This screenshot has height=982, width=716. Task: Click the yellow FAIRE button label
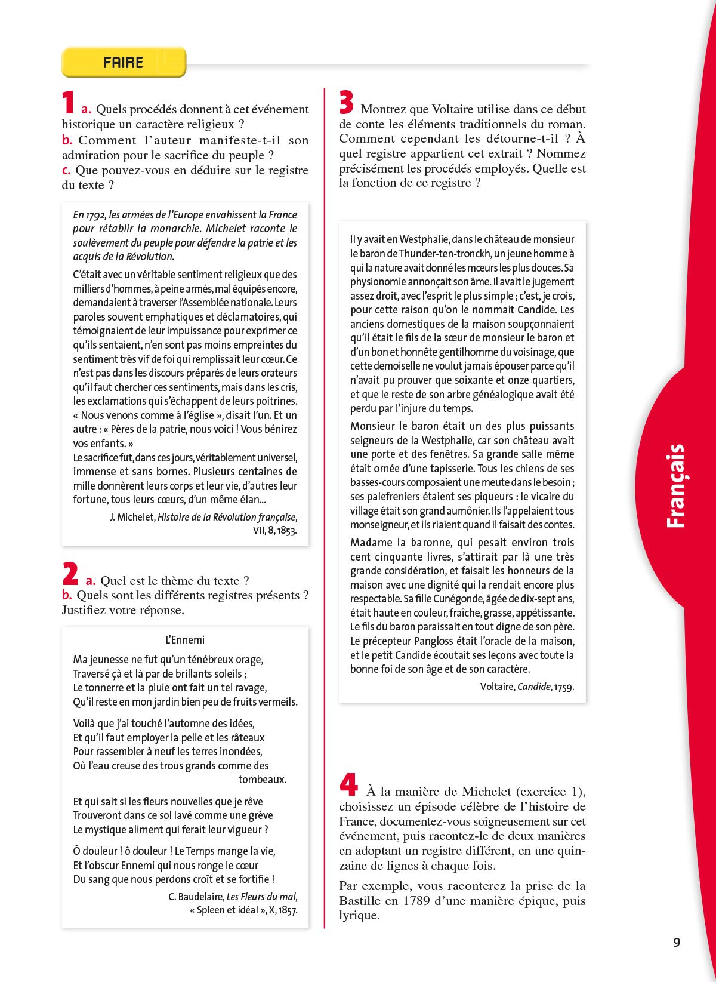(124, 63)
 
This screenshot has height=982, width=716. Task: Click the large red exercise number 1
(69, 102)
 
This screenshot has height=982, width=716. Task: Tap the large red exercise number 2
(70, 574)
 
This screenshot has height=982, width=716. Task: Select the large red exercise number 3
(347, 102)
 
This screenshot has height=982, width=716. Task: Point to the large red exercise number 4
(348, 784)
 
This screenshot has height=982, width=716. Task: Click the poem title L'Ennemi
(185, 640)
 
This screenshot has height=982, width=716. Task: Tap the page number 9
(677, 943)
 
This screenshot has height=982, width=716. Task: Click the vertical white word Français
(676, 486)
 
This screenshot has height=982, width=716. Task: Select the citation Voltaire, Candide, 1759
(527, 687)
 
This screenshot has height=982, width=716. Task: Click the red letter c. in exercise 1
(67, 170)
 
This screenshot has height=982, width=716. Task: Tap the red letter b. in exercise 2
(67, 595)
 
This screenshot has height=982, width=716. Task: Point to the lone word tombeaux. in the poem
(263, 780)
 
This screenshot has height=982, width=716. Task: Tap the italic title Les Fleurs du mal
(261, 897)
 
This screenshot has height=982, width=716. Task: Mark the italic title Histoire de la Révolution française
(226, 517)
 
